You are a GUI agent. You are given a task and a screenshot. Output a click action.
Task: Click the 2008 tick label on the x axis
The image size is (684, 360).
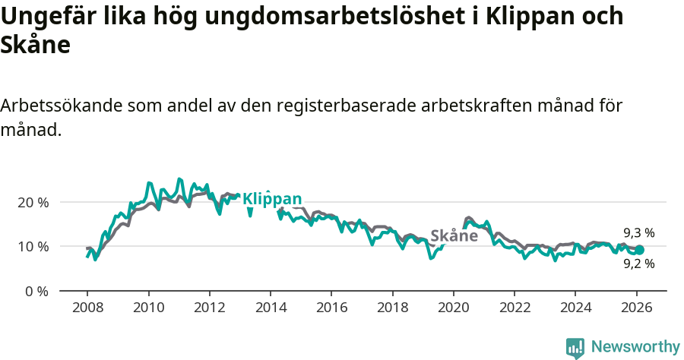pyautogui.click(x=87, y=308)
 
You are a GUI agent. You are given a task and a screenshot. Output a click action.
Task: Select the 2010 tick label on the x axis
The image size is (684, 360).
pyautogui.click(x=148, y=308)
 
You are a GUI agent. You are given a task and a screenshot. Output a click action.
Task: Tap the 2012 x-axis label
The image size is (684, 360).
pyautogui.click(x=209, y=308)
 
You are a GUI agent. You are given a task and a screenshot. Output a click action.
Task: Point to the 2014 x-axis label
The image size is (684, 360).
pyautogui.click(x=271, y=308)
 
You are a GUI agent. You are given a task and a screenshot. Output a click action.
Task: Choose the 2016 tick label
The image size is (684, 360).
pyautogui.click(x=331, y=308)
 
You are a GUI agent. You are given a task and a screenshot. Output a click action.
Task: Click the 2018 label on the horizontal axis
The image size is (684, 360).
pyautogui.click(x=392, y=308)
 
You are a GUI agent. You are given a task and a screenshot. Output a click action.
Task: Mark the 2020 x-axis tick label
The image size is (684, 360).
pyautogui.click(x=453, y=308)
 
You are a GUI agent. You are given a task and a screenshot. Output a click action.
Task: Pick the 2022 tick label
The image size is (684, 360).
pyautogui.click(x=514, y=308)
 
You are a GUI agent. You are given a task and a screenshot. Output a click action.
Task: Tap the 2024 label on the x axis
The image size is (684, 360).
pyautogui.click(x=575, y=308)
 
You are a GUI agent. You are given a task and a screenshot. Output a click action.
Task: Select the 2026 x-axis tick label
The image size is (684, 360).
pyautogui.click(x=636, y=308)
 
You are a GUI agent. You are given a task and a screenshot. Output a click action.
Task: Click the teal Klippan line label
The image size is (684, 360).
pyautogui.click(x=271, y=199)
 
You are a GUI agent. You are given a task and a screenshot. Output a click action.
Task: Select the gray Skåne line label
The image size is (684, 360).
pyautogui.click(x=454, y=236)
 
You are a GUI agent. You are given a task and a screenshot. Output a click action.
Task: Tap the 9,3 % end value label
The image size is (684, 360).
pyautogui.click(x=639, y=233)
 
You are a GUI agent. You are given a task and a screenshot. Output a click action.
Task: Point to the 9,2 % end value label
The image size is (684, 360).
pyautogui.click(x=639, y=264)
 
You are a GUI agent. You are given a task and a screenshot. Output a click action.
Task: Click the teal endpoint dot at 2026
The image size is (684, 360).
pyautogui.click(x=639, y=250)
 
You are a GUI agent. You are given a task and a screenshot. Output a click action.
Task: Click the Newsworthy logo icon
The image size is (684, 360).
pyautogui.click(x=575, y=348)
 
